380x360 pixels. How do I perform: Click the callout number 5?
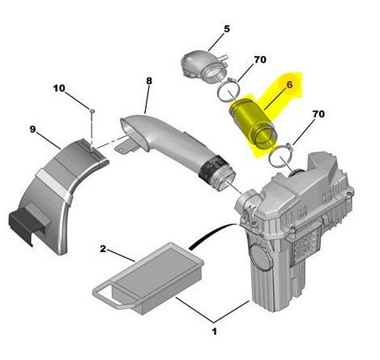(227, 28)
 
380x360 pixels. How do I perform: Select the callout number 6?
(289, 84)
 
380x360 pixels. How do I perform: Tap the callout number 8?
(149, 80)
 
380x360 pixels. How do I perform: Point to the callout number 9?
(32, 129)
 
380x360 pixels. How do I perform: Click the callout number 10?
(59, 88)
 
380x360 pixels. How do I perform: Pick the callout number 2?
(103, 248)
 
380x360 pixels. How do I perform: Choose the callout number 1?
(214, 332)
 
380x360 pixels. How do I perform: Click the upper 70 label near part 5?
(260, 59)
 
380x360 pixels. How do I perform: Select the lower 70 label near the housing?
(318, 114)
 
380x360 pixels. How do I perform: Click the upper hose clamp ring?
(228, 91)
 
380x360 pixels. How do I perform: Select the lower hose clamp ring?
(281, 156)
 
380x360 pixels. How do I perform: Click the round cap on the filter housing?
(259, 255)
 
